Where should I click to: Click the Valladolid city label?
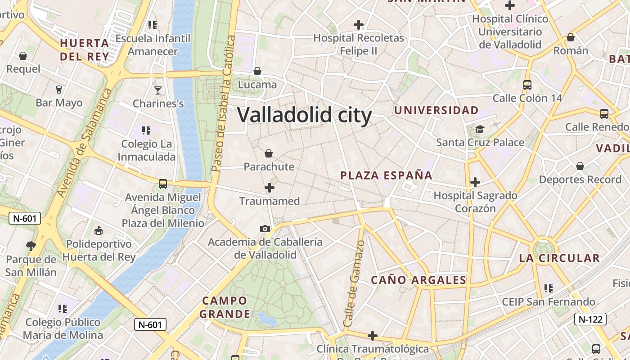304,115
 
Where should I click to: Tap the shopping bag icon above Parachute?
269,154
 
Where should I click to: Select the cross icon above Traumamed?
270,188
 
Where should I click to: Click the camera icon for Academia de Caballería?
265,229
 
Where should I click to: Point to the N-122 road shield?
590,319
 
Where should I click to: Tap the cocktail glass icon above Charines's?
158,90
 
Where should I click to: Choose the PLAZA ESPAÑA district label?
386,175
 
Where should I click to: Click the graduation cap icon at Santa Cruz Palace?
480,130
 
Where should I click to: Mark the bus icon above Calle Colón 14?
527,85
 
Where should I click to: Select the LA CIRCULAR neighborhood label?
559,258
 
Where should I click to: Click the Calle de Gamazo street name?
354,283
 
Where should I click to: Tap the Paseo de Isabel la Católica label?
224,103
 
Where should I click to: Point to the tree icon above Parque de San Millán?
31,246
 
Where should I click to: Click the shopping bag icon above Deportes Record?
580,166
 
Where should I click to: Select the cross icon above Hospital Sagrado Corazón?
475,182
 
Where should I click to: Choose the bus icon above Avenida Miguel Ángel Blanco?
163,184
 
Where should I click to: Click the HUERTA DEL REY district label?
85,50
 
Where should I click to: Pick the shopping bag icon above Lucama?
257,71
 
